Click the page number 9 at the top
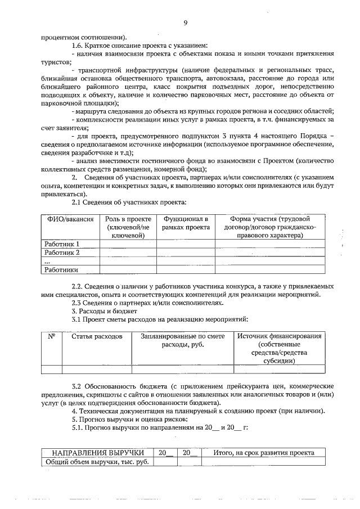(184, 23)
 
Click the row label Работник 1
(62, 244)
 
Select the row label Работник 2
(62, 253)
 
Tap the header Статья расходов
(96, 336)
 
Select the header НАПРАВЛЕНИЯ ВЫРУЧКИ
(96, 453)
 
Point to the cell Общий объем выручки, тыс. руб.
(96, 462)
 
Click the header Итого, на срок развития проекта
(264, 453)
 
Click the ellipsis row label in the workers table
(47, 262)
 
